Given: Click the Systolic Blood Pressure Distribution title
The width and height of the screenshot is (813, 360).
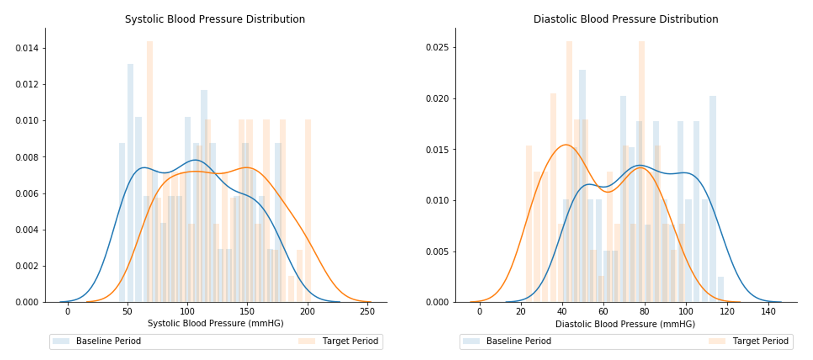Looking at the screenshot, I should [x=215, y=19].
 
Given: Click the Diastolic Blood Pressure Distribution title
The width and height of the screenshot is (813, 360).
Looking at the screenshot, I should [x=625, y=19].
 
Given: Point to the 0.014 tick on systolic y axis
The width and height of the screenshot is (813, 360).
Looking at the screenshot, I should [x=27, y=48].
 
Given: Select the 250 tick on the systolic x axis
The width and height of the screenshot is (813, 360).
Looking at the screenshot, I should [x=367, y=312].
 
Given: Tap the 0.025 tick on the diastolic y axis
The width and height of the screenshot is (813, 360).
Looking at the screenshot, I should [x=437, y=47].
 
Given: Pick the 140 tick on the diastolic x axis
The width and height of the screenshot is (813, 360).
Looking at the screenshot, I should [x=768, y=312].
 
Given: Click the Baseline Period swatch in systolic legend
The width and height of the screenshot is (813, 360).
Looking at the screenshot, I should [x=61, y=341].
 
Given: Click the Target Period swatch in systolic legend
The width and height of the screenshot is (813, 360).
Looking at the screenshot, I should [x=307, y=341].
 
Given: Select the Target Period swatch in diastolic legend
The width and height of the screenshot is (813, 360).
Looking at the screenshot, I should [x=717, y=341].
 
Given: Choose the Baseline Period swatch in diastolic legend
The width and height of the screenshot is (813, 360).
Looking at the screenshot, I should [x=471, y=341].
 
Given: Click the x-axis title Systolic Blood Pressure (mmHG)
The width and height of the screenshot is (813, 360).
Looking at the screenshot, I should [x=215, y=323].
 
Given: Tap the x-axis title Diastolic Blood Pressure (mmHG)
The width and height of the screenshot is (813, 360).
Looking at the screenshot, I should [x=625, y=324].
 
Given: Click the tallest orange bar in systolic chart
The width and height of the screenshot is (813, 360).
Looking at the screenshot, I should [x=150, y=168].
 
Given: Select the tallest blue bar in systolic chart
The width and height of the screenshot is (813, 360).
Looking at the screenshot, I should [x=130, y=181].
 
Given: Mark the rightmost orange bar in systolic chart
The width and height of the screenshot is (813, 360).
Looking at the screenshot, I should [x=308, y=210].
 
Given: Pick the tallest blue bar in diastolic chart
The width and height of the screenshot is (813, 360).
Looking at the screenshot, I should [x=582, y=185].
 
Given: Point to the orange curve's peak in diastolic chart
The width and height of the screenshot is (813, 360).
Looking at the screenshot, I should [x=566, y=145].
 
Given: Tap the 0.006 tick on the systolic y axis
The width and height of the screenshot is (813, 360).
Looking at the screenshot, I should [x=27, y=193].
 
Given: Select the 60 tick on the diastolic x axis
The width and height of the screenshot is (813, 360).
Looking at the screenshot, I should [x=603, y=312].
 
